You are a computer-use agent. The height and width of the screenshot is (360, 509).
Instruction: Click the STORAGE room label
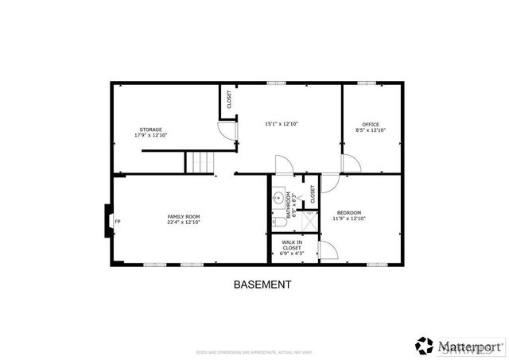point(151,130)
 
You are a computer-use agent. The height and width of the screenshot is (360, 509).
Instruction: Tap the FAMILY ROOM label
point(183,216)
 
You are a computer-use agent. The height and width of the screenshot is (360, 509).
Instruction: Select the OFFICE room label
point(371,124)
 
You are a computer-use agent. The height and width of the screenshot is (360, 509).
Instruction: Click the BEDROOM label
point(349,212)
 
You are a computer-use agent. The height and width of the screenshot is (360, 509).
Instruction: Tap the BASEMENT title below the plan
point(262,285)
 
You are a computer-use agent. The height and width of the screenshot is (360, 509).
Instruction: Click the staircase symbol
point(200,162)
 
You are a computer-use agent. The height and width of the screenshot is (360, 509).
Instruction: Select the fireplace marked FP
point(109,221)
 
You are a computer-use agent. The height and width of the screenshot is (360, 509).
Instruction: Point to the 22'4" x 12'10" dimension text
point(183,223)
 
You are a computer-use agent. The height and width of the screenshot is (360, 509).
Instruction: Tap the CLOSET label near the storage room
point(229,100)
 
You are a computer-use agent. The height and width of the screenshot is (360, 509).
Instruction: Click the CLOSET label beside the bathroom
point(313,194)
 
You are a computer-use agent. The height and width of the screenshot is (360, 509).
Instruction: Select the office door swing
point(351,164)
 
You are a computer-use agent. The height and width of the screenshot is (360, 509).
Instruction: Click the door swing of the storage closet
point(229,132)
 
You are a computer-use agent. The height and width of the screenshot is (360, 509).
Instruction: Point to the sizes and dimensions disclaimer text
point(254,352)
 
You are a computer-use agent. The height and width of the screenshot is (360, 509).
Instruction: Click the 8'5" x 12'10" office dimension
point(371,130)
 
